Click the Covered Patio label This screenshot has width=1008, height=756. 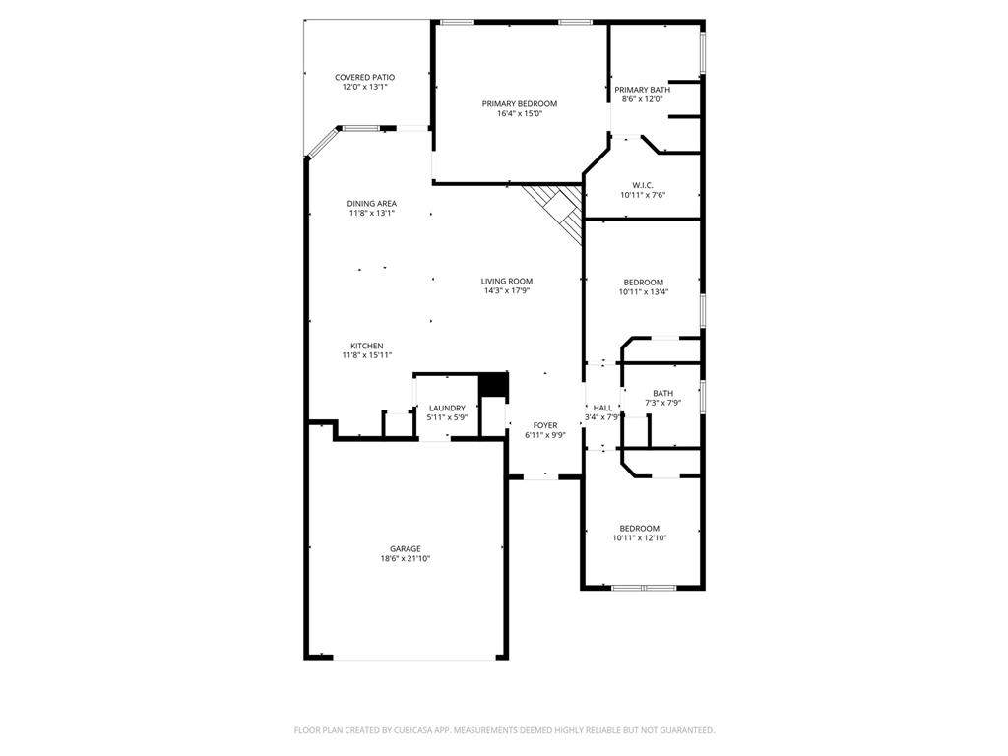tap(364, 77)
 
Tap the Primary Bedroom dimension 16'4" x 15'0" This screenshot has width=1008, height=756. tap(520, 114)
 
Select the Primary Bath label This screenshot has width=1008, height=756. tap(642, 90)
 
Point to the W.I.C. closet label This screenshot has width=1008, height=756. tap(642, 185)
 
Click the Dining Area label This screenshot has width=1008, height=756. tap(371, 203)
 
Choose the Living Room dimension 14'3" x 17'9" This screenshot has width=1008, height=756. tap(507, 290)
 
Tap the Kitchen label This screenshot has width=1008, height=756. tap(366, 346)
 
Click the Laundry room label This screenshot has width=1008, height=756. tap(447, 409)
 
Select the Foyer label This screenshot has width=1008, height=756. tap(545, 425)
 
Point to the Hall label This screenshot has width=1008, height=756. tap(602, 408)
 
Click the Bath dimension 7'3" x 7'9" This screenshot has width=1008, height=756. tap(662, 403)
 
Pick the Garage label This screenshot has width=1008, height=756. tap(405, 549)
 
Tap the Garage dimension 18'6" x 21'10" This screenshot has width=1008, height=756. tap(405, 559)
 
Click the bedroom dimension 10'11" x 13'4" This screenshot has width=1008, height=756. tap(643, 291)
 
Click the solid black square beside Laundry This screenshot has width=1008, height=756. tap(494, 385)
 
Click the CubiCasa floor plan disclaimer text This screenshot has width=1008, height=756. tap(504, 730)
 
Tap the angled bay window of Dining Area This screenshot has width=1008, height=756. tap(322, 142)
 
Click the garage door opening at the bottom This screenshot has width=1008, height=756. tap(414, 658)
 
